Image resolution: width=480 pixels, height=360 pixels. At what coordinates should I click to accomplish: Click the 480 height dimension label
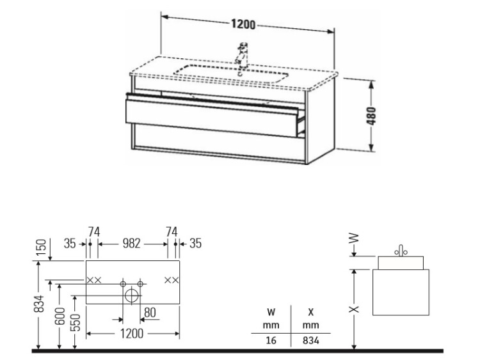(371, 116)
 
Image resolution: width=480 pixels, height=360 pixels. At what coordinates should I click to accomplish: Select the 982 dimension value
(131, 244)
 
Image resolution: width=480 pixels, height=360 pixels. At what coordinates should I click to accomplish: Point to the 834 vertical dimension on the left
(39, 304)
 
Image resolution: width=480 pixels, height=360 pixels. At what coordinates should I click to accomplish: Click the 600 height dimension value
(60, 316)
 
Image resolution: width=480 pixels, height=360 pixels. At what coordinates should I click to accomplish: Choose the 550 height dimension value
(75, 322)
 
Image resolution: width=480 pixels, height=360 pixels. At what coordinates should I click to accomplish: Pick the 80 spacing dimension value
(150, 313)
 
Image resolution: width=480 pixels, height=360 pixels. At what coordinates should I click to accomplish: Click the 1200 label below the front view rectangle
(132, 333)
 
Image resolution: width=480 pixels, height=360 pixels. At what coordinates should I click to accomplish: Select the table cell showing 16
(271, 340)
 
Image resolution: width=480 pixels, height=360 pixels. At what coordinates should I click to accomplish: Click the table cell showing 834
(310, 340)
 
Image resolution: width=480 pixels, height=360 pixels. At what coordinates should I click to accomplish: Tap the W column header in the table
(271, 312)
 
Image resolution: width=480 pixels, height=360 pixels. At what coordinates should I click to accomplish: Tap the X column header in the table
(310, 312)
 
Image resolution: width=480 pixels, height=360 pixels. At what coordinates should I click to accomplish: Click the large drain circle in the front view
(131, 295)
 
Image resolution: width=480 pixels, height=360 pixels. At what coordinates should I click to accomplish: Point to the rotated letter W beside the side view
(354, 238)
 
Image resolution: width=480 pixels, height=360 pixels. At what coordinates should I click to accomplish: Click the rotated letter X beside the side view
(354, 309)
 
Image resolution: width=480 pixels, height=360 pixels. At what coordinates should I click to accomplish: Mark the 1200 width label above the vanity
(243, 24)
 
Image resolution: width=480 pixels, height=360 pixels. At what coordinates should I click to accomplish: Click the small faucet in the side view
(401, 251)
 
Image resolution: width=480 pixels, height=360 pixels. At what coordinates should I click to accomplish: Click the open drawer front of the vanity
(212, 118)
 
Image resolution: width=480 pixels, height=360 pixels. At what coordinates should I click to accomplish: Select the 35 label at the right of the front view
(195, 244)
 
